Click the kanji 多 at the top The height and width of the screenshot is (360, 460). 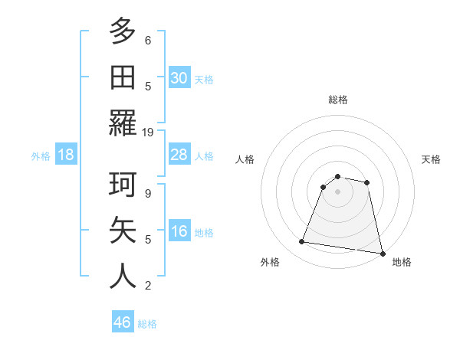(123, 32)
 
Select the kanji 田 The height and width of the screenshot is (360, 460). (123, 77)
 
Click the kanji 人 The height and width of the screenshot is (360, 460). (123, 277)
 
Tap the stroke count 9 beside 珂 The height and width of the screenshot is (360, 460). (148, 193)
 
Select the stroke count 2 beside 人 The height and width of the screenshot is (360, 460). (148, 286)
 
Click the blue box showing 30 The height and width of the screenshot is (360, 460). (179, 78)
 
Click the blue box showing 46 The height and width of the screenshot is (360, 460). (122, 322)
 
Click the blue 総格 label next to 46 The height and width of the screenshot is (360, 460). (147, 324)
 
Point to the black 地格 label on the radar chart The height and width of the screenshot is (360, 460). (402, 262)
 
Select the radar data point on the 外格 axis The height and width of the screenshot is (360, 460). (302, 242)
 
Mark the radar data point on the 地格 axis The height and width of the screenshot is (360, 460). (381, 253)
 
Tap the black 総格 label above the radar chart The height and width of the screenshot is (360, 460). (338, 100)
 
